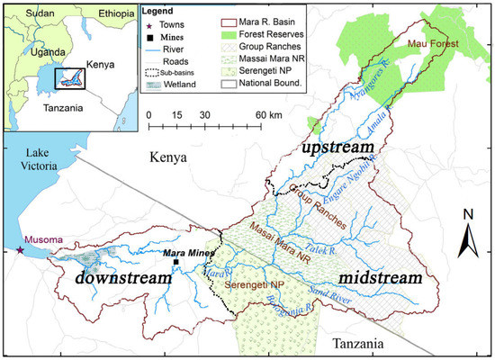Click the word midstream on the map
pyautogui.click(x=381, y=278)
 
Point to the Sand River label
pyautogui.click(x=332, y=292)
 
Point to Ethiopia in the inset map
pyautogui.click(x=102, y=14)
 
